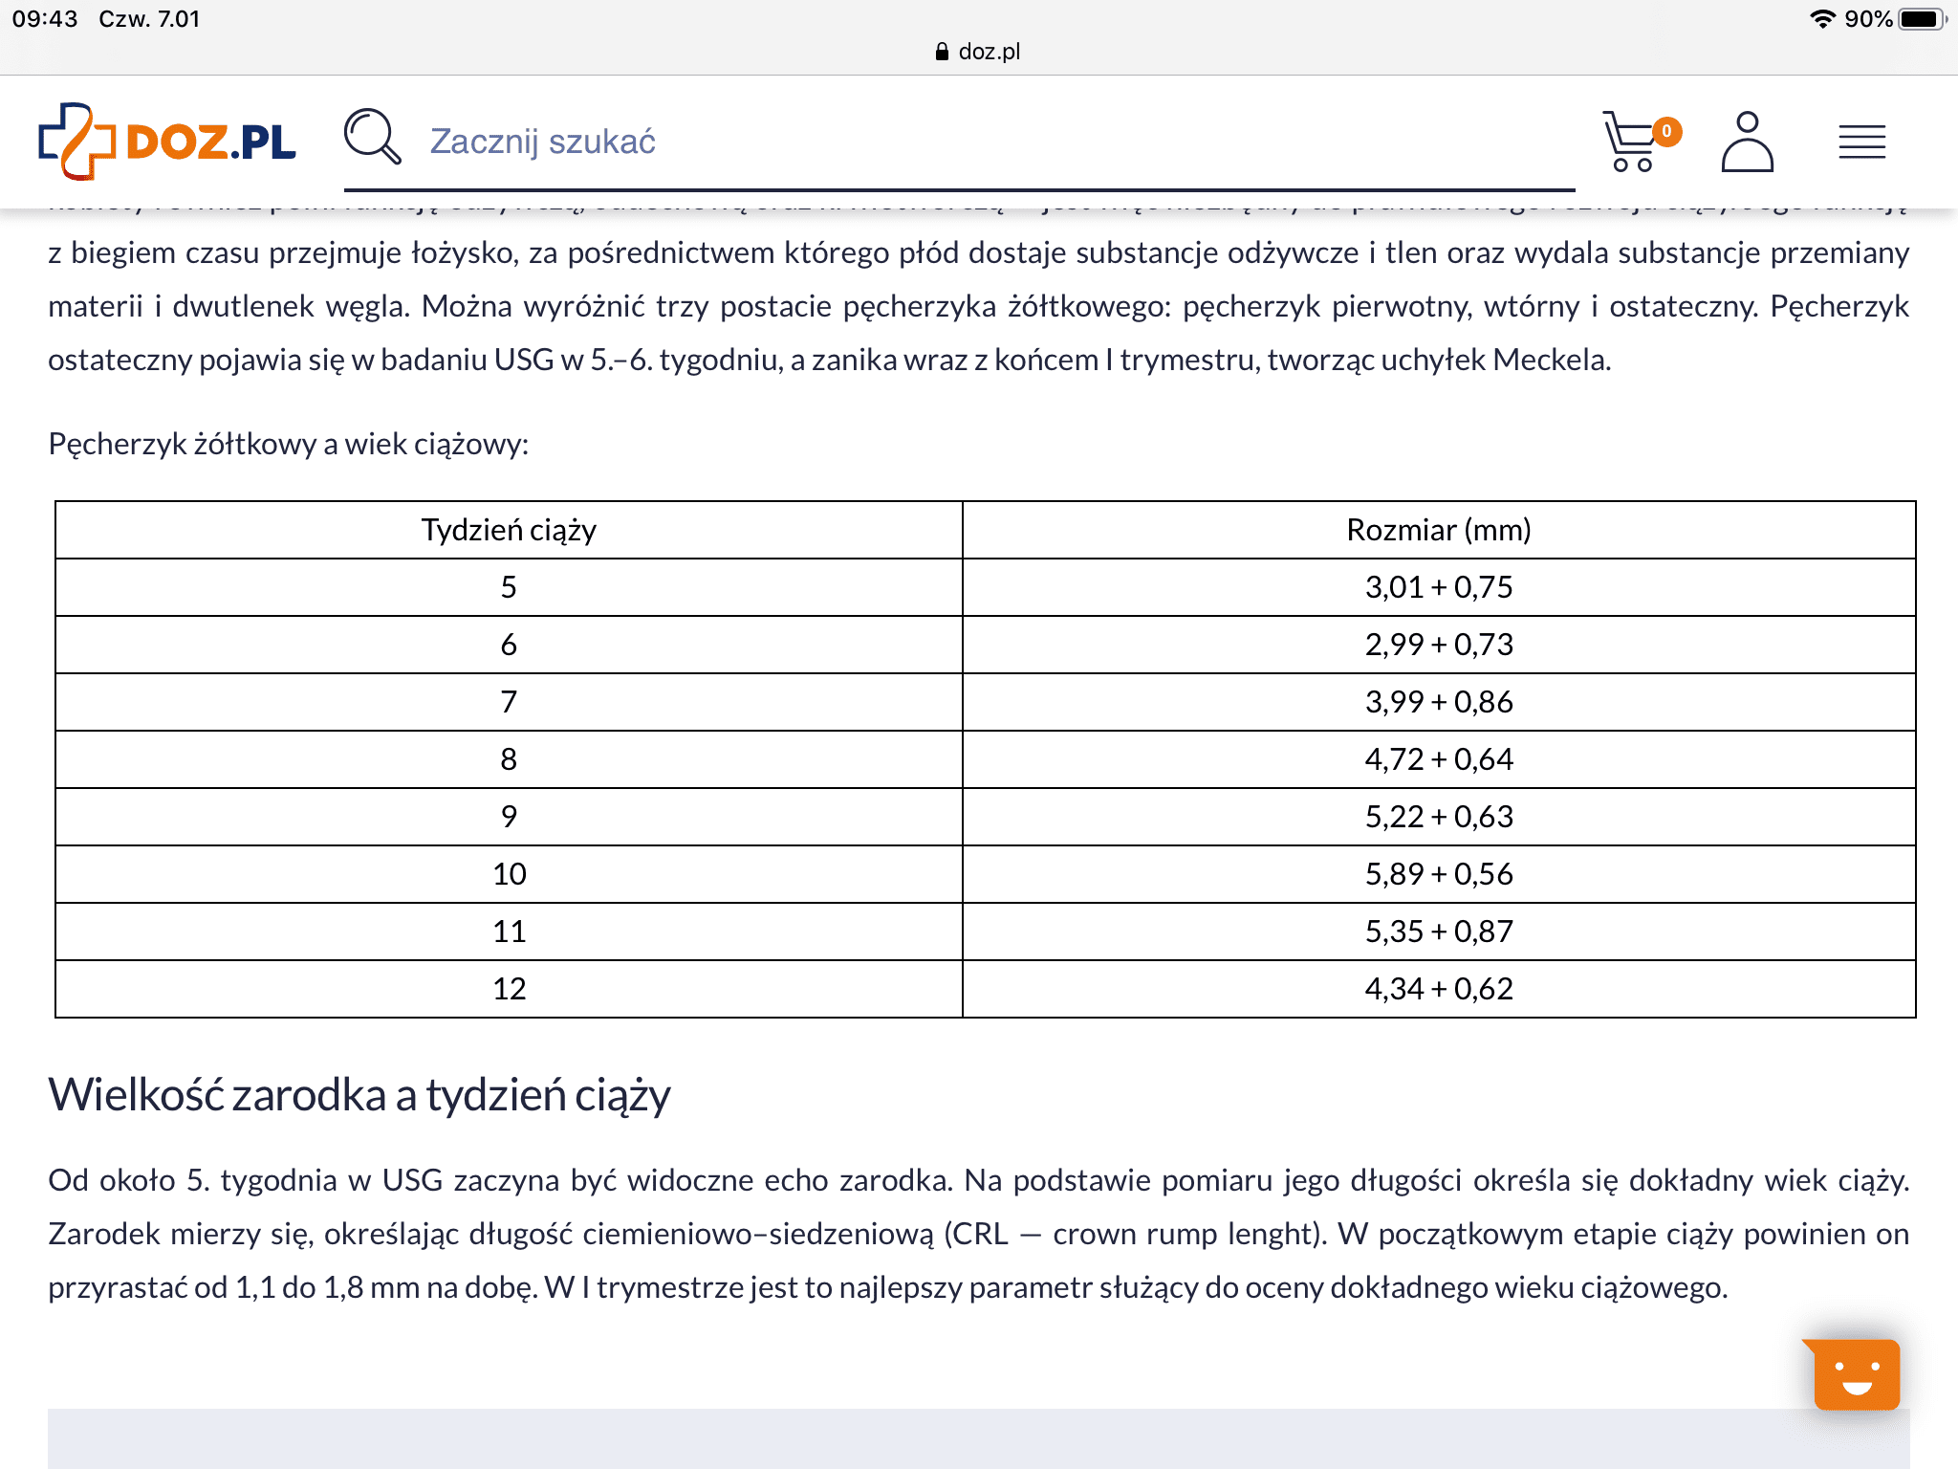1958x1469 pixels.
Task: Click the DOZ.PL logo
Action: (x=167, y=142)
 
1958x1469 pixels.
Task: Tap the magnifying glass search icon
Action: (x=372, y=137)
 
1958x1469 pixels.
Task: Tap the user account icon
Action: (x=1747, y=142)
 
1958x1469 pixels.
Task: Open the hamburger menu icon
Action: (x=1861, y=142)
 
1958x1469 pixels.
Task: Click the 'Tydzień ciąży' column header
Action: (x=509, y=530)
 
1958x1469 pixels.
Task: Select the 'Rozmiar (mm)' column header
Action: (x=1438, y=530)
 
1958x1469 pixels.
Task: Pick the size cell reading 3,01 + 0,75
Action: (x=1438, y=587)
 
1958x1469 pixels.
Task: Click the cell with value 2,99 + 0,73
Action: (x=1438, y=645)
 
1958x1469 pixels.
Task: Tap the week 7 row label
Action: (x=509, y=702)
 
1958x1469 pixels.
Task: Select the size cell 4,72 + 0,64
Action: (x=1438, y=759)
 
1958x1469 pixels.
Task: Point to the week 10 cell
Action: (x=509, y=874)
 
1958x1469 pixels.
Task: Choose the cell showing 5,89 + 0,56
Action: (x=1438, y=874)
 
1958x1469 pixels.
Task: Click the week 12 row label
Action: (x=509, y=989)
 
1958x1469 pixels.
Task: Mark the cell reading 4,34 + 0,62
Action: (x=1438, y=989)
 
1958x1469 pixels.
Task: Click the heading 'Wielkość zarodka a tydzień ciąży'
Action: (x=359, y=1095)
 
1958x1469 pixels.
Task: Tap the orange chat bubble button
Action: (x=1856, y=1375)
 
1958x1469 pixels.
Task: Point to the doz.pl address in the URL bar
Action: (x=989, y=52)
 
